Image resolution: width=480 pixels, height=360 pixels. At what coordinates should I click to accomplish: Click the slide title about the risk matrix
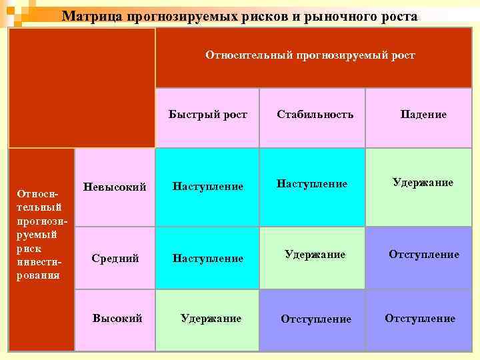[240, 16]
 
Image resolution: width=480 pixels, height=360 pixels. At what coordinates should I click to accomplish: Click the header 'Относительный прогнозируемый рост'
[310, 55]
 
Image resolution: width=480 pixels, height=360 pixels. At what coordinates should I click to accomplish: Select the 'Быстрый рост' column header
[207, 115]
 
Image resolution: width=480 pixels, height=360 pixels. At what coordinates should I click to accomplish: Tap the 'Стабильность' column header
[315, 115]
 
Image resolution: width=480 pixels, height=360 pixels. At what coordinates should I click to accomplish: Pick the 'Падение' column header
[423, 115]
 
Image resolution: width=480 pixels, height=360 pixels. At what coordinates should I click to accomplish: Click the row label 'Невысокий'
[115, 187]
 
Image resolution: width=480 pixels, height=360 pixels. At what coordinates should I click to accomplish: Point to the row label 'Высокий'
[117, 319]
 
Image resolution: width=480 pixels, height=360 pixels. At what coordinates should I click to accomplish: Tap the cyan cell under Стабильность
[312, 183]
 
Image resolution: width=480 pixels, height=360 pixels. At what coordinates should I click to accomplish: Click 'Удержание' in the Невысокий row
[423, 183]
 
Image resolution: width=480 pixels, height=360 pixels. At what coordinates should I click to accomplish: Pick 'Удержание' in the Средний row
[315, 255]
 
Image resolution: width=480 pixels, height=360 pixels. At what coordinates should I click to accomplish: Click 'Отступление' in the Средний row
[423, 255]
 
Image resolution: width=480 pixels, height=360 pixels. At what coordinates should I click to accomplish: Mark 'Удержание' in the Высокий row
[211, 319]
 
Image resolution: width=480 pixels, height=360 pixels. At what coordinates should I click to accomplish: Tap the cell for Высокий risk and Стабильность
[315, 319]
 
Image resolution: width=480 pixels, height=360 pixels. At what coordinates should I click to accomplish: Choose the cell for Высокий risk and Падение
[420, 319]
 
